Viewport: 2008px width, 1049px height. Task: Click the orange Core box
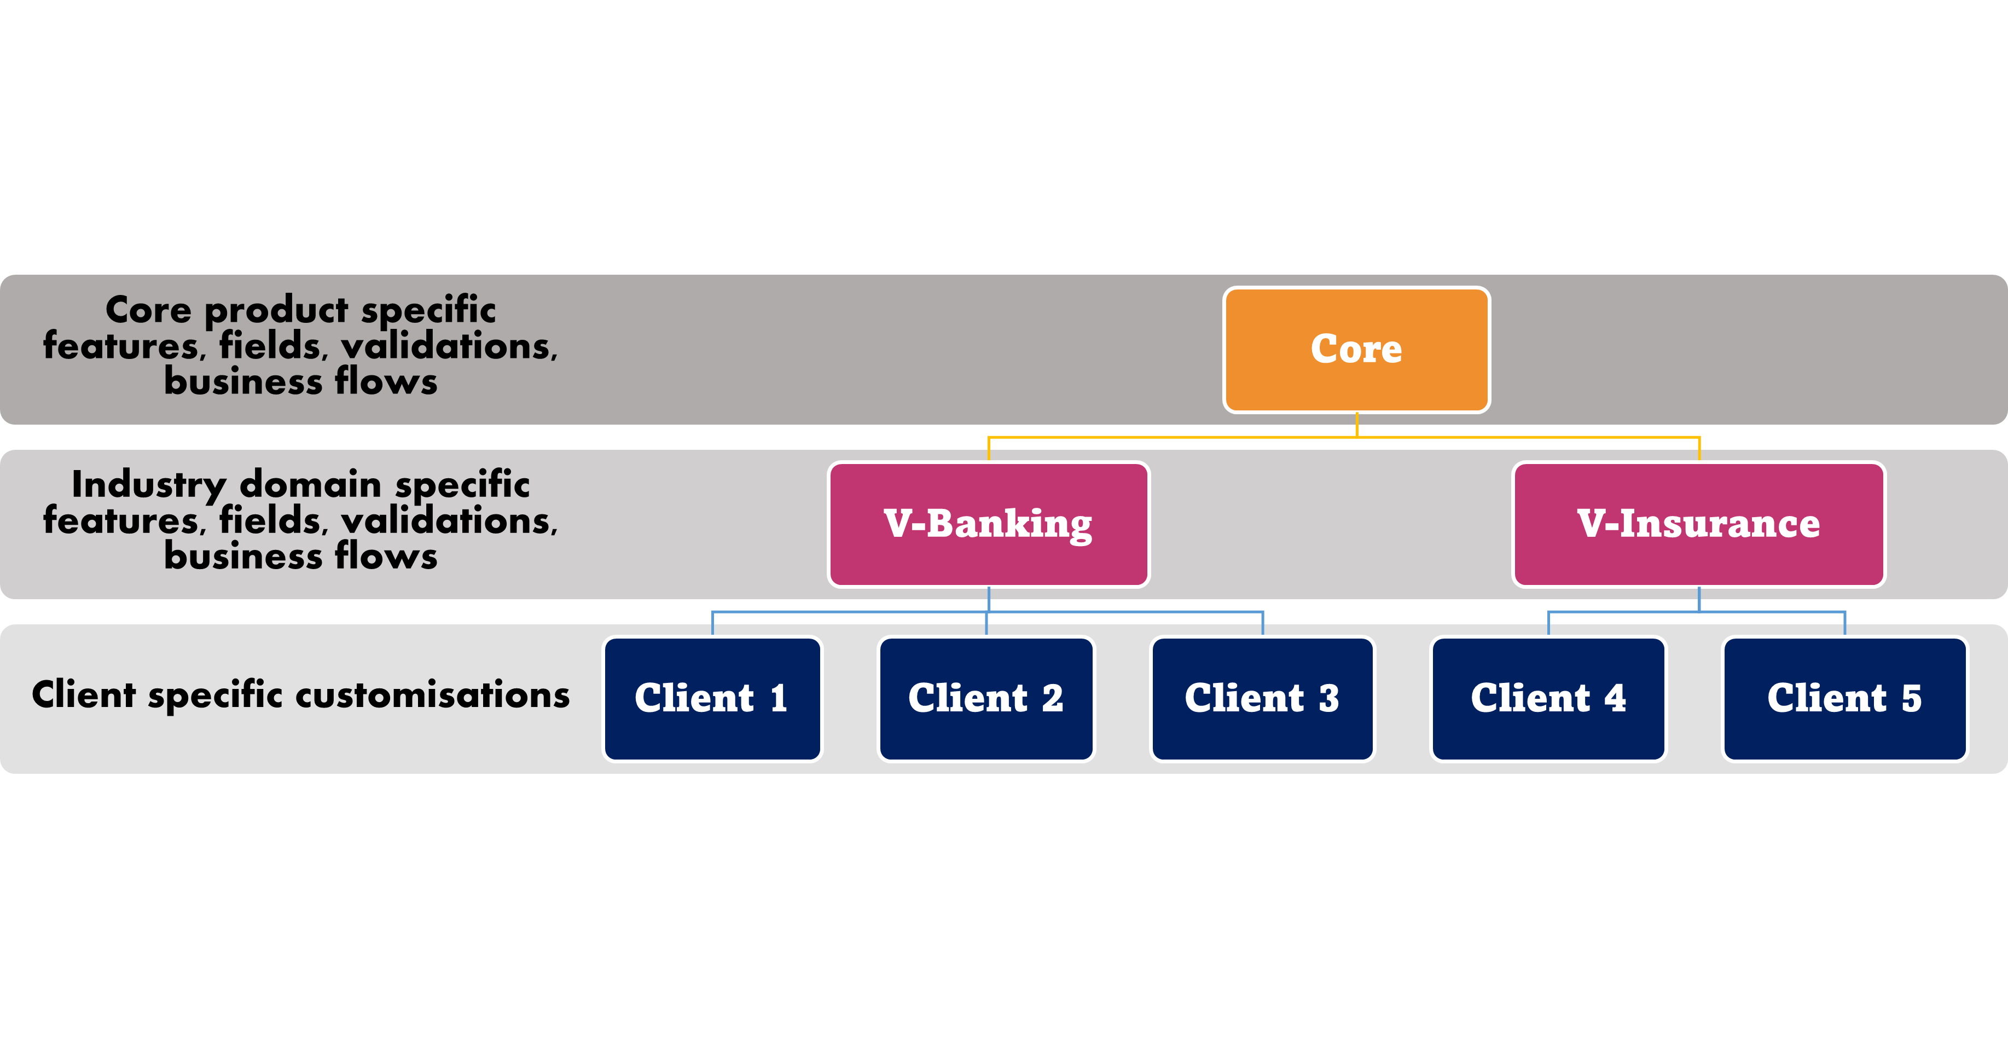(1356, 349)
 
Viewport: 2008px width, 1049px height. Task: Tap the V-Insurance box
(1698, 524)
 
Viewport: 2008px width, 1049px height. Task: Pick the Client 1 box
(712, 698)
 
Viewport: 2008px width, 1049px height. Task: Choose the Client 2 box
(986, 698)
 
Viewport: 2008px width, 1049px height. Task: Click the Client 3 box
(1262, 698)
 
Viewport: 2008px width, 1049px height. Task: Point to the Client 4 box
(1548, 698)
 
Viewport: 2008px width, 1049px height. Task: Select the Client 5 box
(1844, 698)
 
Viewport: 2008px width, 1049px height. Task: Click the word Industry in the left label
(148, 485)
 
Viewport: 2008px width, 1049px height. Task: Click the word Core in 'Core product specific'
(148, 310)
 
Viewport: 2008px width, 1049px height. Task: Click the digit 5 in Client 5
(1911, 698)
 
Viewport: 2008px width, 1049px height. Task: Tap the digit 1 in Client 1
(778, 698)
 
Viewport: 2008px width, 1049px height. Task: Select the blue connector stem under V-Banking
(989, 599)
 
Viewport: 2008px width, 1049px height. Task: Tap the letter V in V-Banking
(897, 524)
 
